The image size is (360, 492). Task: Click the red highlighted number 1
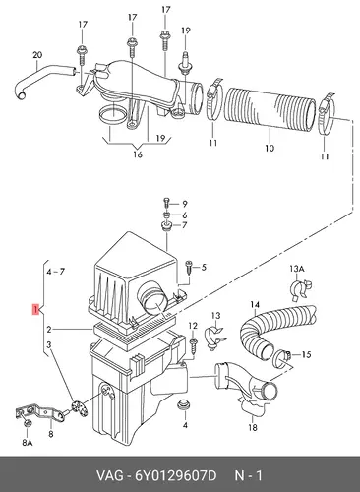point(35,309)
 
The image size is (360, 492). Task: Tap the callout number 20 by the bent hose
point(37,55)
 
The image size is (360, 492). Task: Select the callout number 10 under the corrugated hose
point(270,149)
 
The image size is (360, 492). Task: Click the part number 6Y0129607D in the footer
point(176,475)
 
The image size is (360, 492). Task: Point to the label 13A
point(297,269)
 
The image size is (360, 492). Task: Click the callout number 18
point(253,427)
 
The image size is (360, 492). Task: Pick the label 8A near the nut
point(28,443)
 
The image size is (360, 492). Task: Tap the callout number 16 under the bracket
point(138,154)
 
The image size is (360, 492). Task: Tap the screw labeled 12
point(193,345)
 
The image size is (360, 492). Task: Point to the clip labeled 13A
point(300,288)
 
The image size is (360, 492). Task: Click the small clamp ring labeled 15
point(280,357)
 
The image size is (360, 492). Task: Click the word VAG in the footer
point(109,475)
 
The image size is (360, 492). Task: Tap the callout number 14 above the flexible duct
point(255,305)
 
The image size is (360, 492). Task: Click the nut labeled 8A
point(28,423)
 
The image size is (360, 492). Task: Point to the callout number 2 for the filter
point(48,330)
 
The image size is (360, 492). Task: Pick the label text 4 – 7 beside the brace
point(55,272)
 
